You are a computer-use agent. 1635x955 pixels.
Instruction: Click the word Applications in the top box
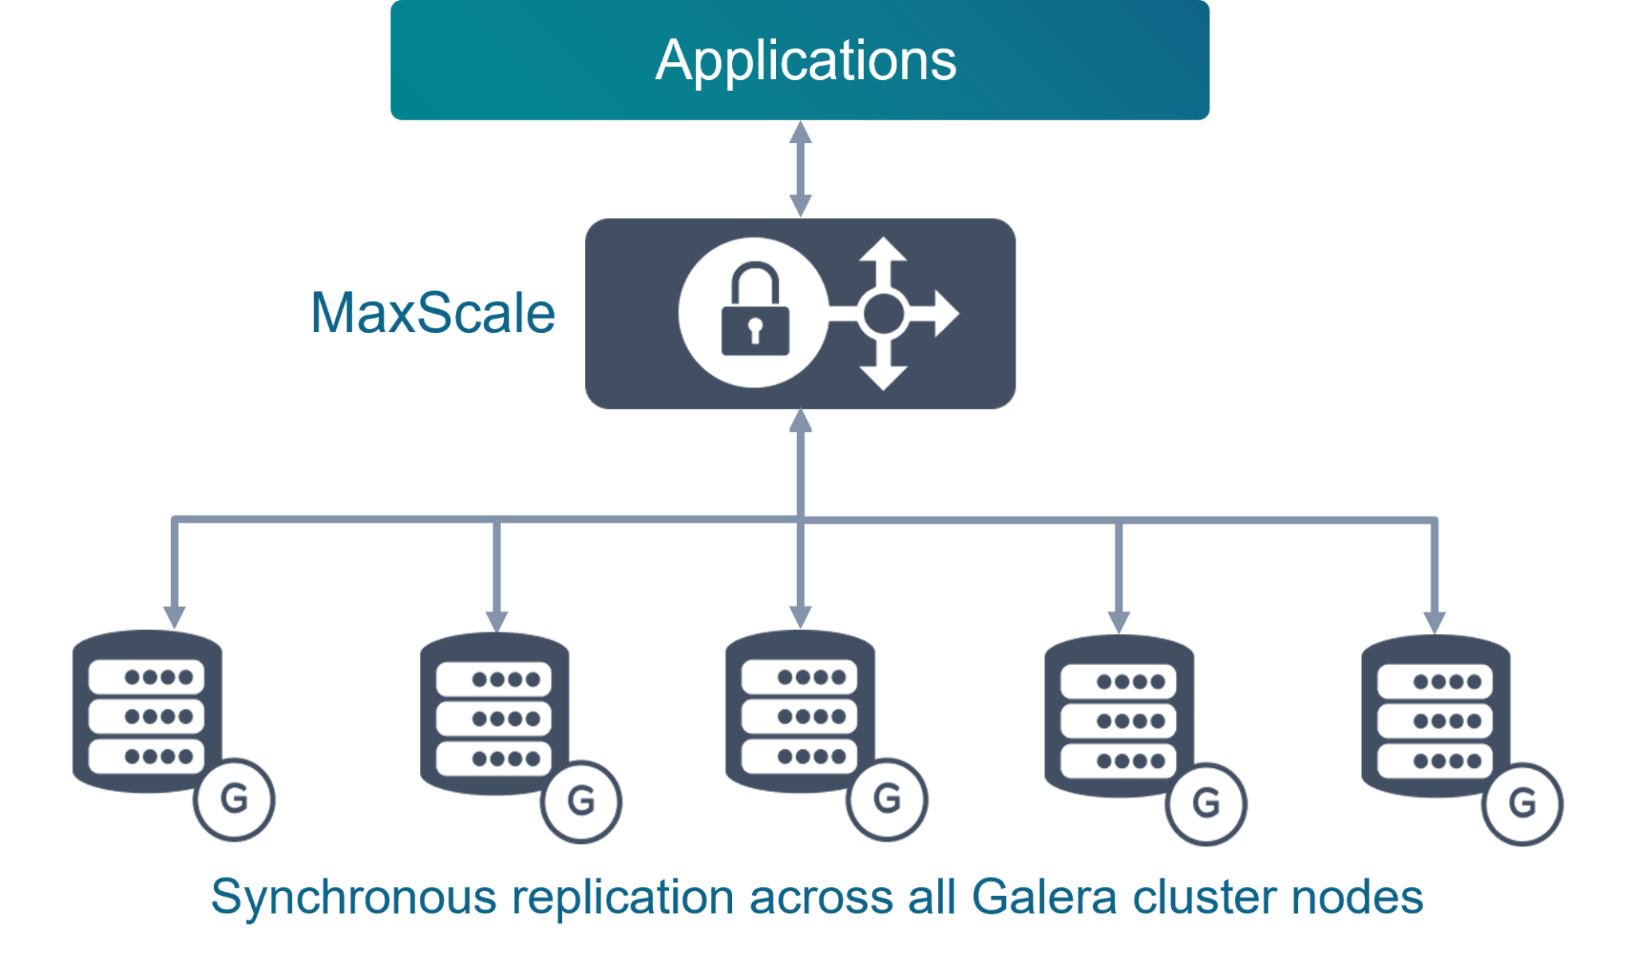[806, 61]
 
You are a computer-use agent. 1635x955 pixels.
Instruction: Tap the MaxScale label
[433, 313]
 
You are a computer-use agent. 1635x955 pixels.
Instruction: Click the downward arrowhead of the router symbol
[882, 377]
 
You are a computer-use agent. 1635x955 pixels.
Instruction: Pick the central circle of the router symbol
[882, 313]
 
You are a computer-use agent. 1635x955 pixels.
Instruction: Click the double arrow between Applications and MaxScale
[801, 168]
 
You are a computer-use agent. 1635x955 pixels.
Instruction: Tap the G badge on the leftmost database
[234, 798]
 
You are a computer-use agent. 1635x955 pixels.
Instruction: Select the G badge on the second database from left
[581, 801]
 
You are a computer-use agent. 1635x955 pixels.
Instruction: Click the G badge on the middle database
[887, 798]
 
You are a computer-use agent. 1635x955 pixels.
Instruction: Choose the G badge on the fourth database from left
[1205, 803]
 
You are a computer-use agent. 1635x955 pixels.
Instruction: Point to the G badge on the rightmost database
[1522, 803]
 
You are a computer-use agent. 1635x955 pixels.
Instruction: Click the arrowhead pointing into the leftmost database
[175, 616]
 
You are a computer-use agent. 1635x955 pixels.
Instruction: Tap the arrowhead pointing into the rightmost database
[1435, 621]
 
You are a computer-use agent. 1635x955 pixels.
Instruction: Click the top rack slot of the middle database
[800, 677]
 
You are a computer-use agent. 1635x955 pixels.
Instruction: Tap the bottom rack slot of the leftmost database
[147, 756]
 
